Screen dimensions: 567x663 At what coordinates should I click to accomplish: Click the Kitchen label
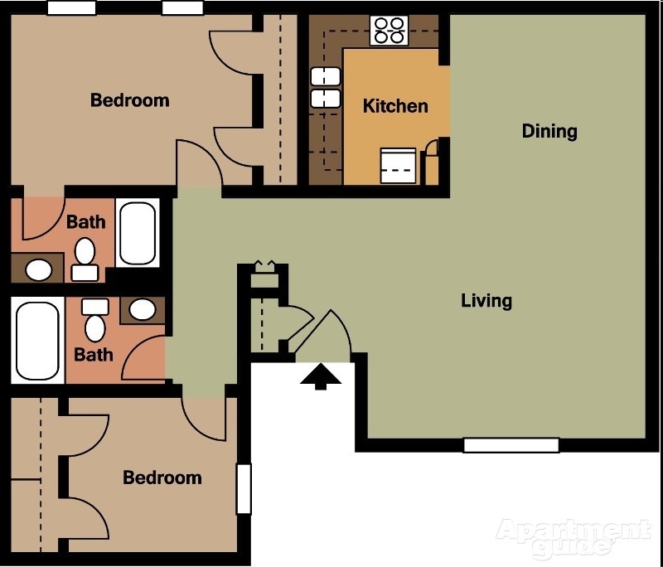pyautogui.click(x=395, y=106)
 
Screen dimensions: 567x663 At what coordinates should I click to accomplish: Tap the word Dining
pyautogui.click(x=549, y=131)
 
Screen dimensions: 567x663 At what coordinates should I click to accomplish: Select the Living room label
pyautogui.click(x=486, y=300)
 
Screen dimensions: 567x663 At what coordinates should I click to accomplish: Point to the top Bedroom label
pyautogui.click(x=129, y=100)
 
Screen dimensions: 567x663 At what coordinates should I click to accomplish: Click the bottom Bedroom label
pyautogui.click(x=162, y=477)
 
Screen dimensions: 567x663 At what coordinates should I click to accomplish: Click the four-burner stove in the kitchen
pyautogui.click(x=389, y=30)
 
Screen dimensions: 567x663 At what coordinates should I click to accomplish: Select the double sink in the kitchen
pyautogui.click(x=325, y=88)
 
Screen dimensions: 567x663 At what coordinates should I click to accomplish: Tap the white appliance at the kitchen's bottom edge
pyautogui.click(x=399, y=166)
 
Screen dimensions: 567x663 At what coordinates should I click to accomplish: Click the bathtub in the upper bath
pyautogui.click(x=137, y=232)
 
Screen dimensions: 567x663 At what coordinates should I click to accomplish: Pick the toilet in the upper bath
pyautogui.click(x=85, y=257)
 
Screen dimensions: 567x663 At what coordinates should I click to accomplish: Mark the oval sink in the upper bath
pyautogui.click(x=37, y=269)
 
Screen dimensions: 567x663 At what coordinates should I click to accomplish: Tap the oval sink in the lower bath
pyautogui.click(x=143, y=310)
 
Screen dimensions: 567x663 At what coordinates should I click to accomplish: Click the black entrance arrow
pyautogui.click(x=321, y=378)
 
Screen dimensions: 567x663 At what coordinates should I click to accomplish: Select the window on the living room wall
pyautogui.click(x=511, y=445)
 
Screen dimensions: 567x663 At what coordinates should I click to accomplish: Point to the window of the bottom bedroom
pyautogui.click(x=243, y=488)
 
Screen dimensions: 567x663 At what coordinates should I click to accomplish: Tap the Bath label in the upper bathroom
pyautogui.click(x=86, y=222)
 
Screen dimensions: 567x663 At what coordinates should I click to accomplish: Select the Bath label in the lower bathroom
pyautogui.click(x=94, y=355)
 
